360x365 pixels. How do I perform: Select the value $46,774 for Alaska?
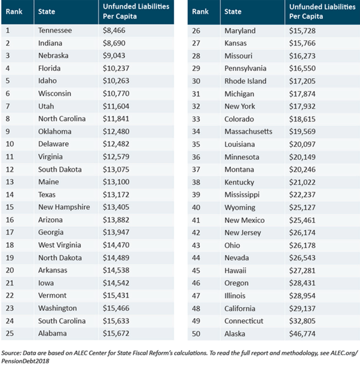tap(302, 334)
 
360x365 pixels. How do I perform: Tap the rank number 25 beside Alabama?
tap(10, 334)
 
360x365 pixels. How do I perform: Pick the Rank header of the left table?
tap(14, 11)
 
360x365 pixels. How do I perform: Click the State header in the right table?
tap(233, 11)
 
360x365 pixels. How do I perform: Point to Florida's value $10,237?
tap(116, 69)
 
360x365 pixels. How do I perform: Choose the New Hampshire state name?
tap(64, 207)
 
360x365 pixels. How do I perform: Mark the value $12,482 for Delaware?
tap(116, 144)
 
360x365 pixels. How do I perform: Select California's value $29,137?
tap(302, 308)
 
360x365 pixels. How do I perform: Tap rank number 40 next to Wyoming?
tap(196, 207)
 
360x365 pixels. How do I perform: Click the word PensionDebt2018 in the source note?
tap(25, 361)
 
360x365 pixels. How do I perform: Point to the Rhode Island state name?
tap(246, 81)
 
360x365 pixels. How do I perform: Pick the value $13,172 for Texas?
tap(116, 195)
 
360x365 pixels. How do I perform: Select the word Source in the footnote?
tap(11, 353)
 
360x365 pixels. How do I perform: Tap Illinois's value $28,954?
tap(302, 296)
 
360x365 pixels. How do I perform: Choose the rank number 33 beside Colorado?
tap(196, 119)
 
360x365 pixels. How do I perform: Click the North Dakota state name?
tap(60, 258)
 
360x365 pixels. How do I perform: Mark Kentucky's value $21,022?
tap(302, 182)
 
